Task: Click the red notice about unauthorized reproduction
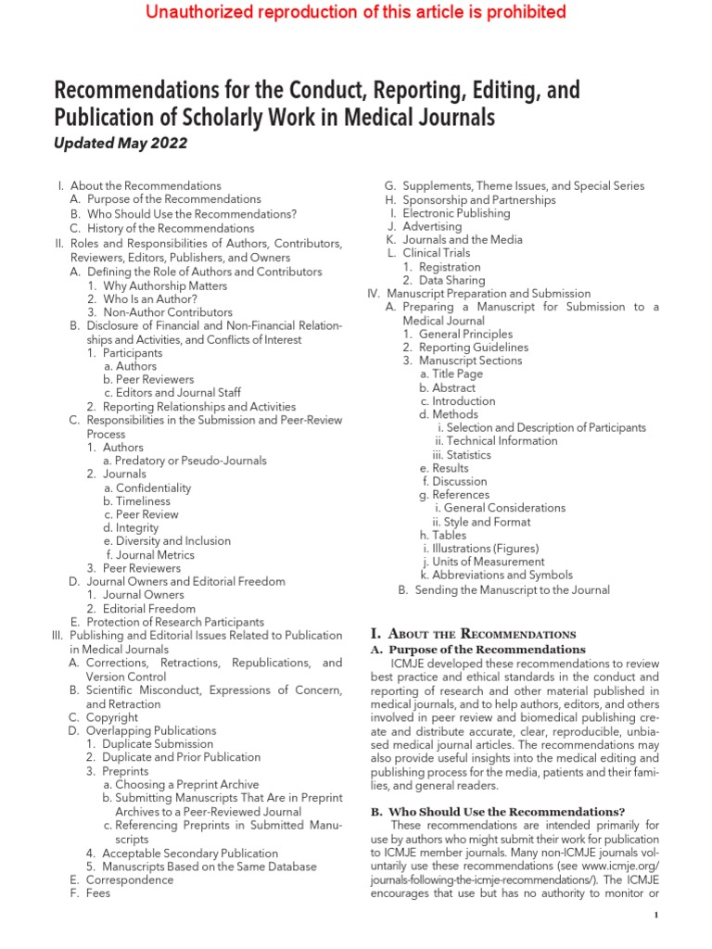356,13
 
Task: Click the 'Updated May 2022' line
121,143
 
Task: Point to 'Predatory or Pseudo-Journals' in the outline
184,461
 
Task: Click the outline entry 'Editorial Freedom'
148,609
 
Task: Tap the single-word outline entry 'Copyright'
111,717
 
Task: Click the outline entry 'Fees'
97,893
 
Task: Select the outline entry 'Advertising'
431,226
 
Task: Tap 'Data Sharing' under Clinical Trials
451,280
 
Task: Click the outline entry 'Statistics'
468,455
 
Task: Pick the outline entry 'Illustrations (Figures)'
480,548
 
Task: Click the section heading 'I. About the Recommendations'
473,634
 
